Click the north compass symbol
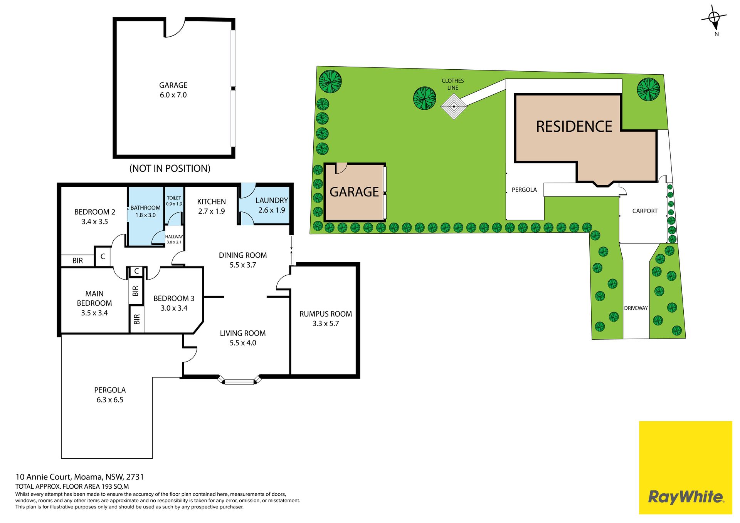pos(714,18)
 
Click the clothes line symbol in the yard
pos(454,106)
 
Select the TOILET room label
pos(174,198)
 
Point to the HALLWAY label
pos(174,237)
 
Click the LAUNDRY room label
pos(272,200)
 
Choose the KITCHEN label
pos(212,201)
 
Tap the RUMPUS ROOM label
pos(326,314)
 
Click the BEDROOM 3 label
pos(174,298)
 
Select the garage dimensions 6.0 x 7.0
pos(173,95)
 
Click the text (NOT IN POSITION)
pos(170,168)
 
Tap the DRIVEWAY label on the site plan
pos(636,308)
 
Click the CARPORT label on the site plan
pos(645,211)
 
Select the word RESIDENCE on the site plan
pos(574,127)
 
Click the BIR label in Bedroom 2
pos(77,261)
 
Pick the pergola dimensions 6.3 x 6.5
pos(110,400)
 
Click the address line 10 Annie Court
pos(79,477)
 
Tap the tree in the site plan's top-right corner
pos(648,89)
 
